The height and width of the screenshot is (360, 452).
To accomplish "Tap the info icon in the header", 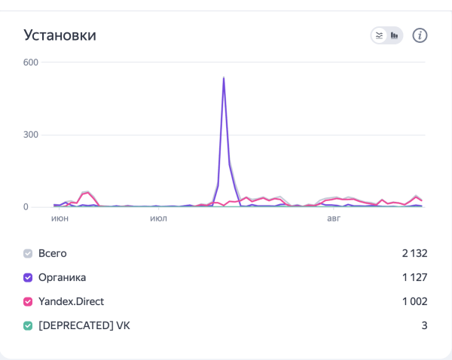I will (420, 35).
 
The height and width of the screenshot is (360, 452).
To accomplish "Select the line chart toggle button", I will (380, 35).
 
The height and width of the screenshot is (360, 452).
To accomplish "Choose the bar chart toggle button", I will (395, 35).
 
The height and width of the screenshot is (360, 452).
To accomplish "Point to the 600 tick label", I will (30, 63).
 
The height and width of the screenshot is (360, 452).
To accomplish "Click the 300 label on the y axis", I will (30, 135).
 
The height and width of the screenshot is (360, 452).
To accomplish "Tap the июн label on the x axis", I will (60, 218).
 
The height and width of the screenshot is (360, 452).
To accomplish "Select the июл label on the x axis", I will (158, 218).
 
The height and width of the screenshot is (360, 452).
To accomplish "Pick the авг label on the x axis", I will (334, 218).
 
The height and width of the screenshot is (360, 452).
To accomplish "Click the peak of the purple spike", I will (224, 78).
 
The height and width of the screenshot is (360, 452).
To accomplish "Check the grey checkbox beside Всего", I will (28, 253).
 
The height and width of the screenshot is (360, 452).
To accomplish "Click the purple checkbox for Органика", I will (28, 277).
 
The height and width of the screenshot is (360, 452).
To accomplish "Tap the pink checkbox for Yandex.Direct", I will (28, 301).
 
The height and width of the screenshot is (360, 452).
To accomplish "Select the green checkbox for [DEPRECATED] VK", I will (28, 325).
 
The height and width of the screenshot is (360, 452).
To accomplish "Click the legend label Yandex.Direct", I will (71, 301).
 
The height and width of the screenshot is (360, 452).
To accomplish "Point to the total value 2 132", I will (414, 253).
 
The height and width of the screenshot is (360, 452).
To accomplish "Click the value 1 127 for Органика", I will (415, 277).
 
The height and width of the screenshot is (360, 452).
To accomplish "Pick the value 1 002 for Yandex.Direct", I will (414, 301).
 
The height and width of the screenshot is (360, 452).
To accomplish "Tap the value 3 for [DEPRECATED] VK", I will (424, 325).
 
